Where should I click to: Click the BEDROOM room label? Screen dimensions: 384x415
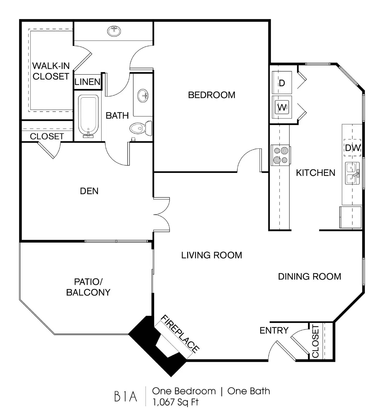(211, 95)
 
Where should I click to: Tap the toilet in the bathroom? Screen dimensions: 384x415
(141, 128)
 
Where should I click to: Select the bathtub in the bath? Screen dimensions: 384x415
(88, 116)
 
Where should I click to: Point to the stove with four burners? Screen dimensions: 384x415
(281, 155)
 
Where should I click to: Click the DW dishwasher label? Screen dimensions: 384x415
(353, 148)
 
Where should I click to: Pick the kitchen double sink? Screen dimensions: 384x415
(352, 173)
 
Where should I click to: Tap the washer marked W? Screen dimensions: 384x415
(282, 107)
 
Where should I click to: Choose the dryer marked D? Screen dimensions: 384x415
(282, 82)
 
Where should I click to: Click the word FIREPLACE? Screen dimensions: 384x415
(180, 334)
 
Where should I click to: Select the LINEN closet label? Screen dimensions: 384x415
(87, 82)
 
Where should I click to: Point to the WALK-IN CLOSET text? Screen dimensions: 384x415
(51, 71)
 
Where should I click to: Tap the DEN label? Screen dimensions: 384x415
(89, 191)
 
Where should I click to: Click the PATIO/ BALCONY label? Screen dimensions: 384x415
(88, 287)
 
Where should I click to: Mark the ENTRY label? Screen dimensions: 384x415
(274, 330)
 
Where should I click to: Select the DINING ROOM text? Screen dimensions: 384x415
(310, 276)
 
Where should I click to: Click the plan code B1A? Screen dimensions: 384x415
(126, 396)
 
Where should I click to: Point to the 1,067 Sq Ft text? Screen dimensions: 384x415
(175, 402)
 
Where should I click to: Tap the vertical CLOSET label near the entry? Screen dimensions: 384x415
(315, 341)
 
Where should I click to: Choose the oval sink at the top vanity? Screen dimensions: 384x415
(114, 31)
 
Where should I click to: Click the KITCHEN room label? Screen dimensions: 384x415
(316, 173)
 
